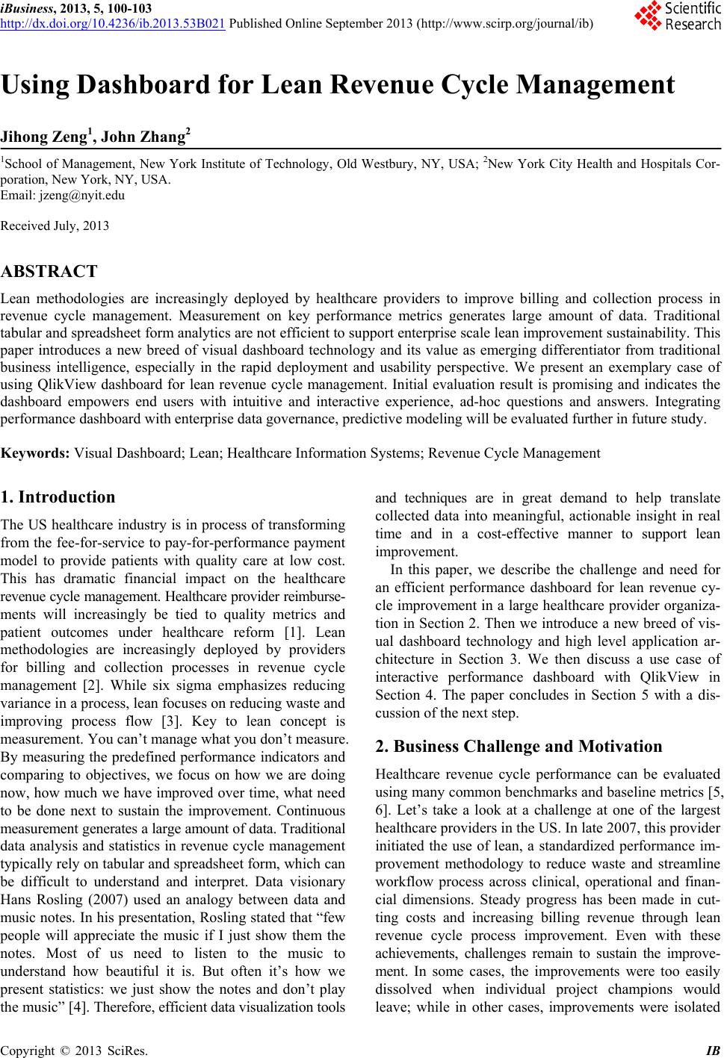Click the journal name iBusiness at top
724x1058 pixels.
point(27,8)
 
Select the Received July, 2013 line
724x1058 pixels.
point(55,225)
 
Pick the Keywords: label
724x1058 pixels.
point(36,453)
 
